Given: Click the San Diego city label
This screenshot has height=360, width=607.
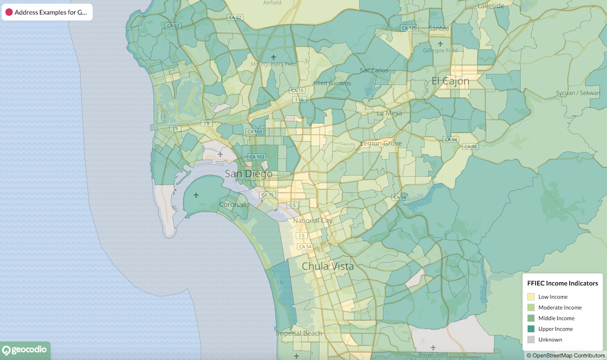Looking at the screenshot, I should click(248, 174).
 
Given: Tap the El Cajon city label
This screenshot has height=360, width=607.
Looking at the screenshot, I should click(451, 81).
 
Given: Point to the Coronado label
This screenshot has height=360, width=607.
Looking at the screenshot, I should click(234, 205).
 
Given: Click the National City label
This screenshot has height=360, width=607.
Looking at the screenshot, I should click(313, 220).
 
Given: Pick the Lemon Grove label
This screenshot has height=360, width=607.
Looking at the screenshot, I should click(381, 143).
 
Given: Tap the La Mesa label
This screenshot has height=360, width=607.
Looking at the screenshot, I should click(389, 113).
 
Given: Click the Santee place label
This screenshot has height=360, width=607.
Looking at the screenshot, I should click(439, 29).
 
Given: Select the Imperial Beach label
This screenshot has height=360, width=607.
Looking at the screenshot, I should click(299, 333).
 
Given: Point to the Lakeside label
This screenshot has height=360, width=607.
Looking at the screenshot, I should click(491, 5).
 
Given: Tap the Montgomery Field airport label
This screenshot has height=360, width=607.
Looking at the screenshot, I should click(274, 64).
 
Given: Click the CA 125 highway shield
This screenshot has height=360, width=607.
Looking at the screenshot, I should click(409, 28).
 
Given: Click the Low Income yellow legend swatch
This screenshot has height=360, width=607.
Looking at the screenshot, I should click(531, 297).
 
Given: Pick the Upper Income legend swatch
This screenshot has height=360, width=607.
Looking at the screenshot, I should click(531, 329).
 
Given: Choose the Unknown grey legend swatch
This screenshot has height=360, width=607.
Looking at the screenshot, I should click(531, 339).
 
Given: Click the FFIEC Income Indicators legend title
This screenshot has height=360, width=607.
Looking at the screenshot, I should click(563, 284).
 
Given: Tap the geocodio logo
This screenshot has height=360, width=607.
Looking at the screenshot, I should click(25, 350).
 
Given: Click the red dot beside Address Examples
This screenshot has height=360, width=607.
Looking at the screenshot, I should click(9, 12).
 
